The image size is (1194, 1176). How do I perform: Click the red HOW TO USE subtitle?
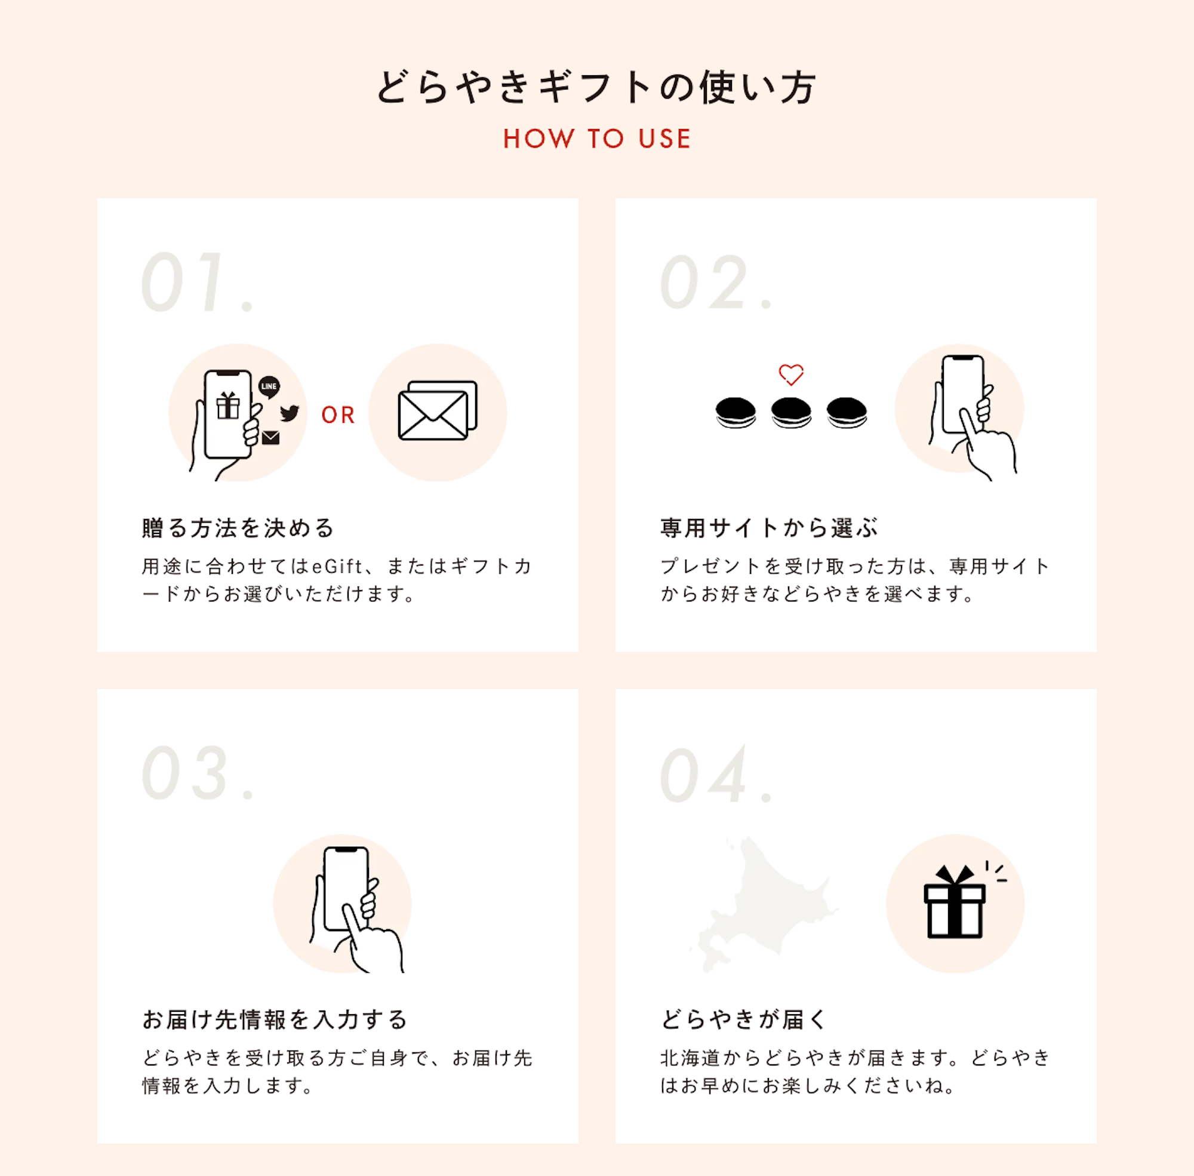coord(596,139)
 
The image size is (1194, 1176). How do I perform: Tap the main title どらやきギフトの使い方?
coord(596,87)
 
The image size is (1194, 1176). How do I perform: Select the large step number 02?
coord(717,282)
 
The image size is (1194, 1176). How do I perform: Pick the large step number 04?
coord(717,773)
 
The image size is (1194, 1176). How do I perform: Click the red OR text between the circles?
coord(338,415)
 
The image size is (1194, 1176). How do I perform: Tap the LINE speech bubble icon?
coord(269,387)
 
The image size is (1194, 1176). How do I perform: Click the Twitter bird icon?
coord(289,413)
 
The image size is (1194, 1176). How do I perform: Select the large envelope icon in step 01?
coord(438,411)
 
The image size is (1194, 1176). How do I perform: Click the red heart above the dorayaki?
coord(791,374)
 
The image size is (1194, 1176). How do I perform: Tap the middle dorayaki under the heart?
coord(791,412)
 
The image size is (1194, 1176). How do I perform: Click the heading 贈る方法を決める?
coord(238,528)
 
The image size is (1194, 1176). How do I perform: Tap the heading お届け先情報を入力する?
coord(275,1019)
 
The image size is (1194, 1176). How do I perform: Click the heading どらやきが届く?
coord(743,1019)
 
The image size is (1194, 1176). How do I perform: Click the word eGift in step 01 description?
coord(337,566)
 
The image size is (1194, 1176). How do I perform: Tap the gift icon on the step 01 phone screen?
coord(228,406)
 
